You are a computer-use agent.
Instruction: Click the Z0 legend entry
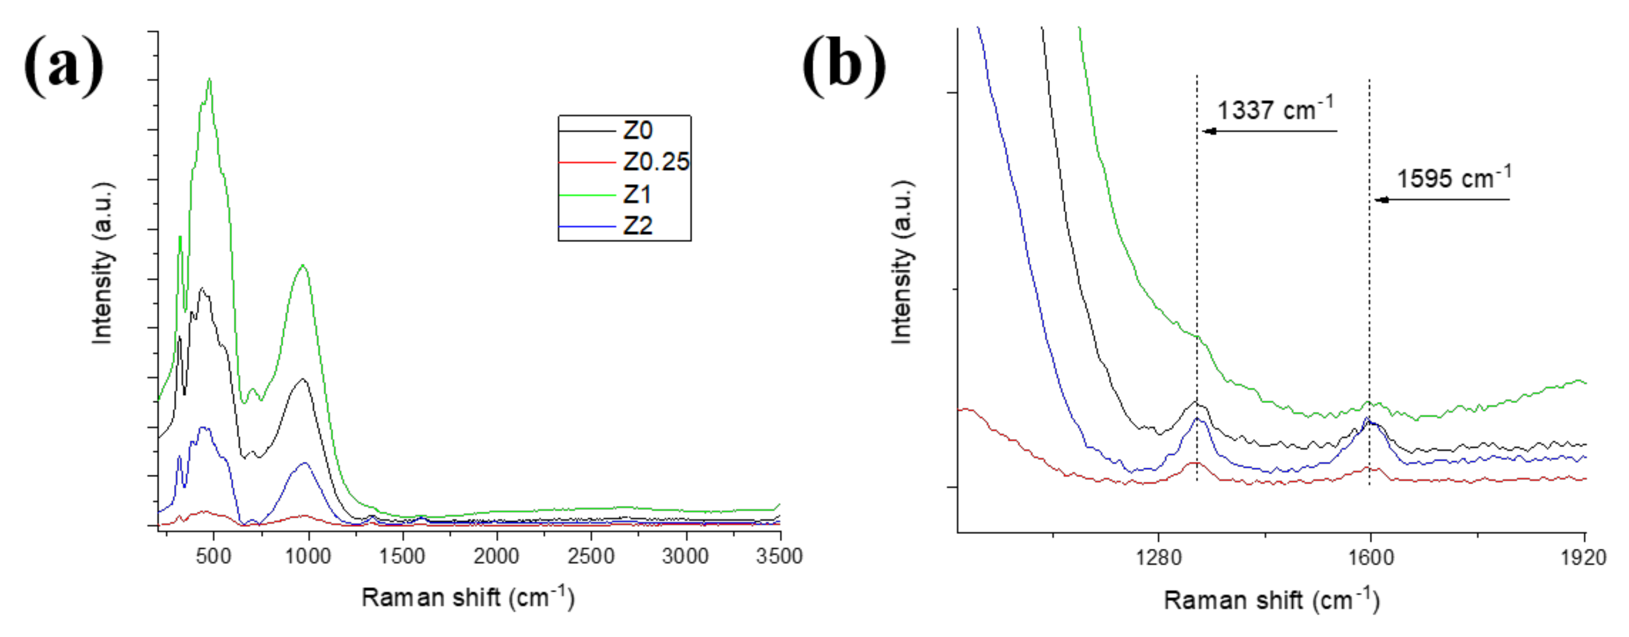(x=637, y=131)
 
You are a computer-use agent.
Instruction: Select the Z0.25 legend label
(x=655, y=162)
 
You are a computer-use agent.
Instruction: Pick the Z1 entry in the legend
(x=637, y=195)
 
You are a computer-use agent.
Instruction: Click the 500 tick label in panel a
(x=214, y=557)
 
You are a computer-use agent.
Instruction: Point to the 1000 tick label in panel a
(x=308, y=557)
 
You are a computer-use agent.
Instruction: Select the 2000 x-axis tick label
(x=496, y=557)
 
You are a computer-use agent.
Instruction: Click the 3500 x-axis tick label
(x=779, y=557)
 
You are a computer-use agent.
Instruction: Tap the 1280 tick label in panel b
(x=1158, y=558)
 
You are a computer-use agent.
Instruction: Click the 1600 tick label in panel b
(x=1370, y=558)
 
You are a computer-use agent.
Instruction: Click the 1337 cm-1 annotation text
(x=1274, y=110)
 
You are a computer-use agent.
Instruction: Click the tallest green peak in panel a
(x=209, y=80)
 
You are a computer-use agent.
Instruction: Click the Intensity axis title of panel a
(x=103, y=264)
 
